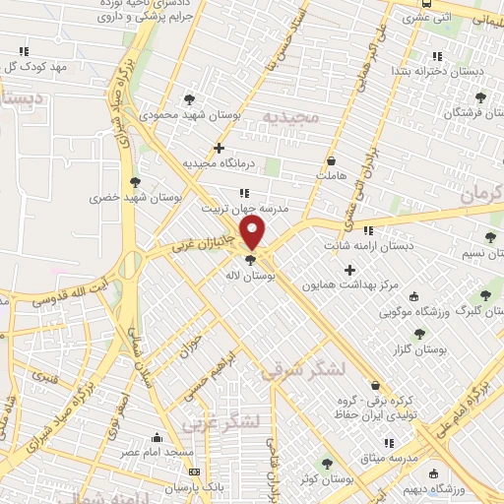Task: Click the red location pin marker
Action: click(x=254, y=233)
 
